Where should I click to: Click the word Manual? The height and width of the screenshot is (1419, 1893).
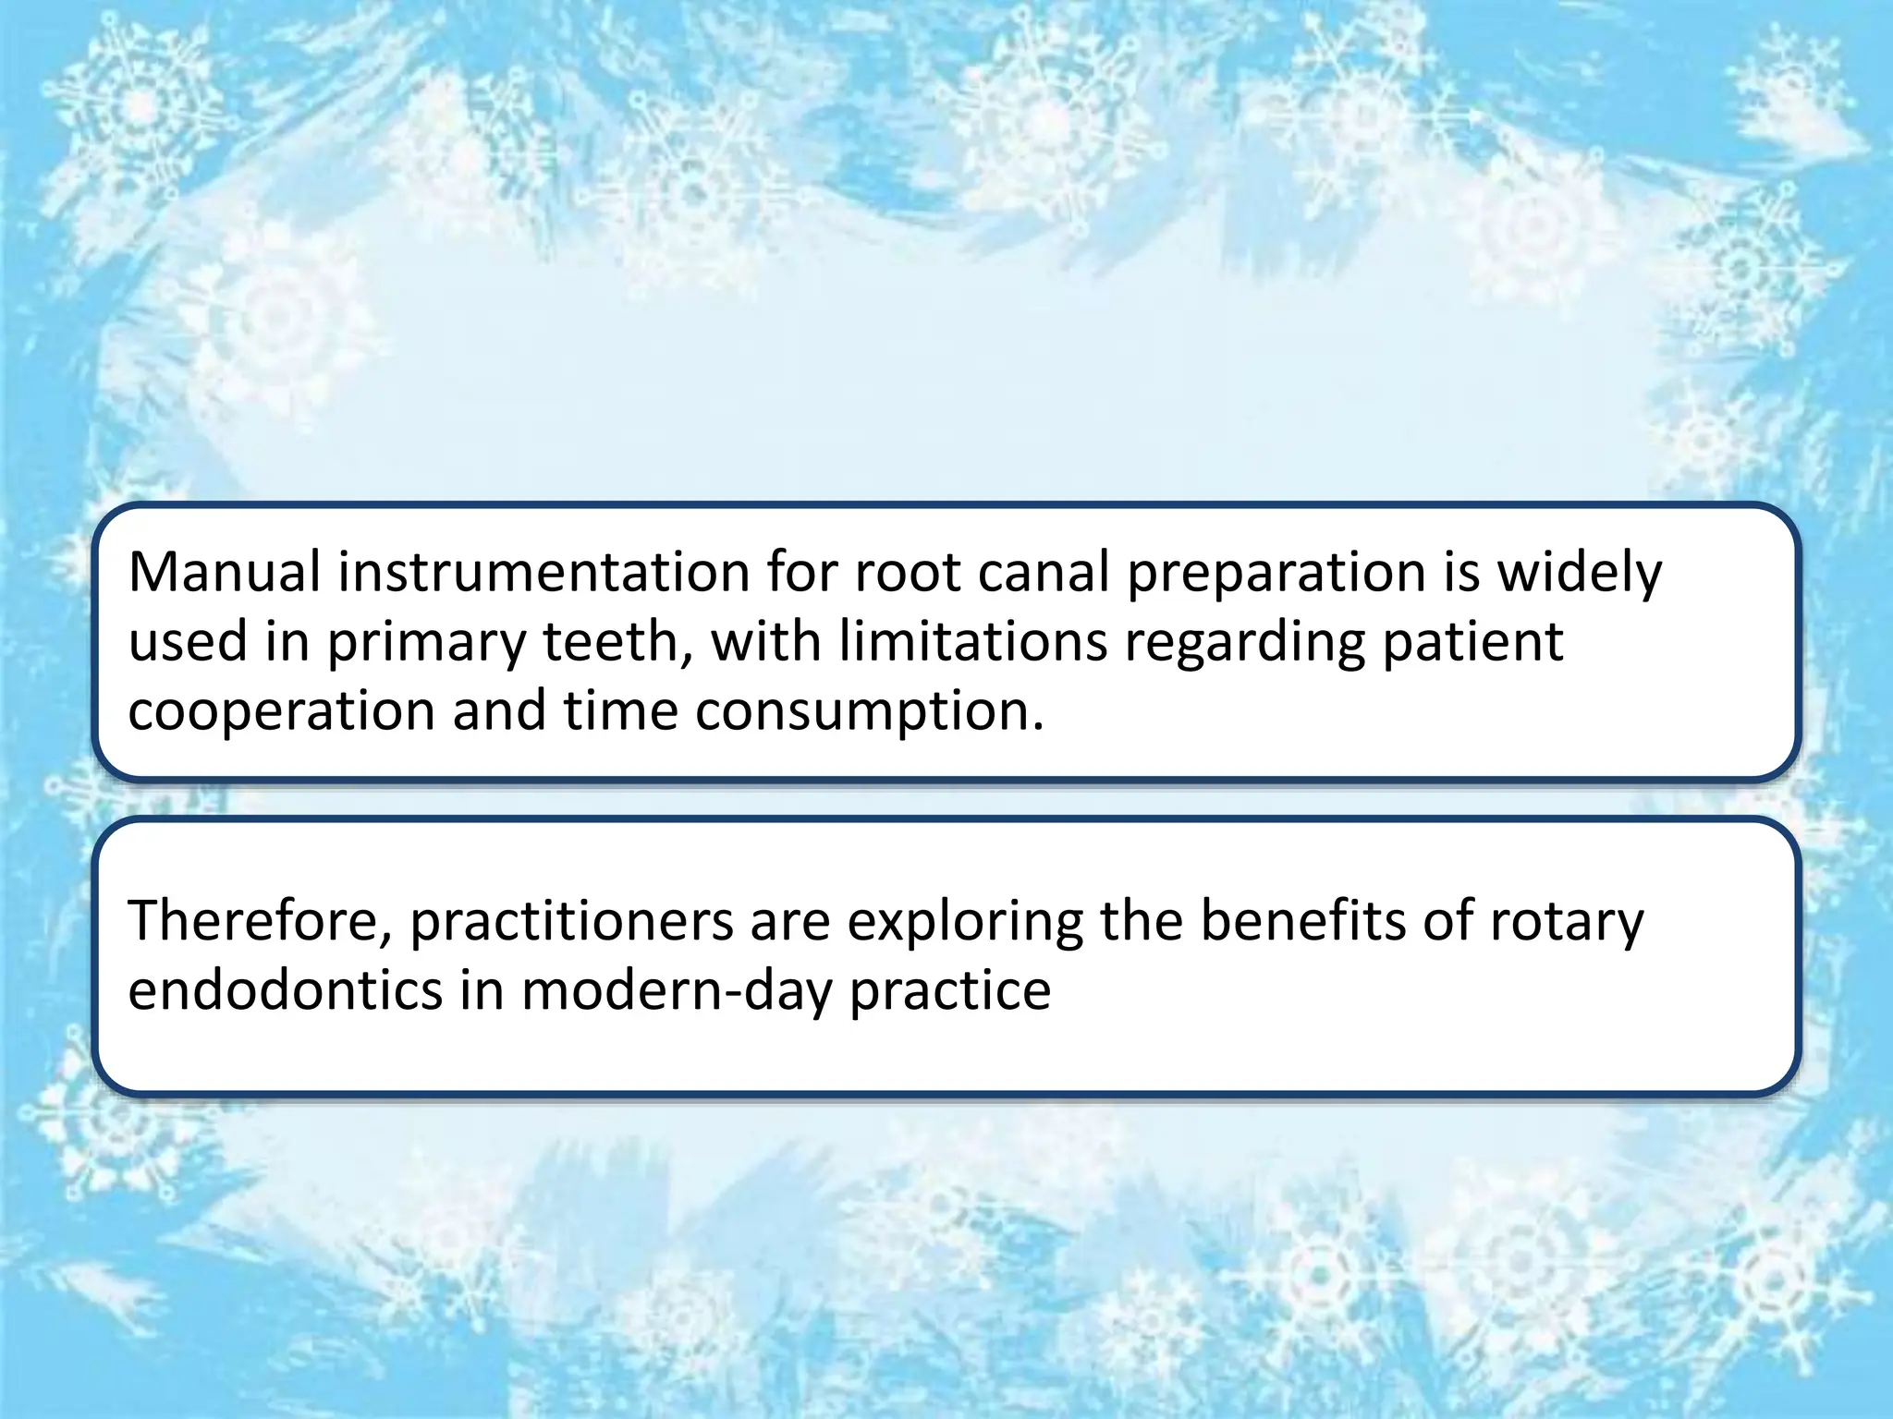coord(225,573)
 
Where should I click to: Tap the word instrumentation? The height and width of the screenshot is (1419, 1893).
coord(543,573)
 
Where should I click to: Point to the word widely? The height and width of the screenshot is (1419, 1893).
coord(1579,573)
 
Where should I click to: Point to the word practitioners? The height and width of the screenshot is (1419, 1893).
coord(571,921)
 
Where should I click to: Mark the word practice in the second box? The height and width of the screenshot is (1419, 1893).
coord(950,990)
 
